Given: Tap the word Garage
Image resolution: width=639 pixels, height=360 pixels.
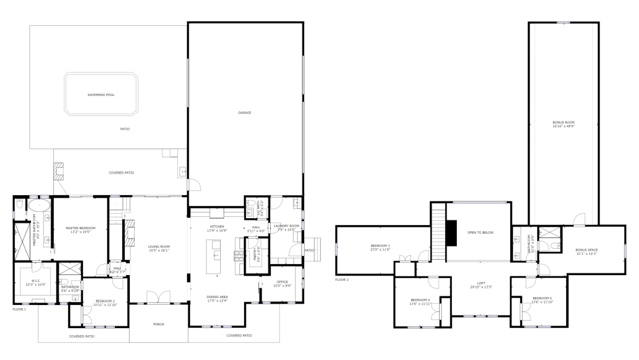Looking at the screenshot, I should click(245, 112).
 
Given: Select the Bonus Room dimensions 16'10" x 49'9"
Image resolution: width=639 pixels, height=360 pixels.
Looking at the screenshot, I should click(563, 126).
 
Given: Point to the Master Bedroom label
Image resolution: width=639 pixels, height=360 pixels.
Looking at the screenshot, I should click(80, 228).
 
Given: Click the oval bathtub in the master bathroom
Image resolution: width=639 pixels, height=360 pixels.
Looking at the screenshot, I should click(38, 206).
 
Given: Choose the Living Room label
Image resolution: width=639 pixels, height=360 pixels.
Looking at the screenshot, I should click(159, 246).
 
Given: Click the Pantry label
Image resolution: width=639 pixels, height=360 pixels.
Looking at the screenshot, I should click(256, 255).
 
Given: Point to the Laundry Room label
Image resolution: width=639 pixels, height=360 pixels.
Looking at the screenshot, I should click(286, 226).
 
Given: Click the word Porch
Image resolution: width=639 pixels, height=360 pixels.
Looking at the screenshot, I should click(158, 324).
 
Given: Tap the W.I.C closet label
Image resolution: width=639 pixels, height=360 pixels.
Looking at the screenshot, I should click(35, 281).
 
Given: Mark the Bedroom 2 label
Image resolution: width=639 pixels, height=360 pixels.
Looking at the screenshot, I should click(105, 301).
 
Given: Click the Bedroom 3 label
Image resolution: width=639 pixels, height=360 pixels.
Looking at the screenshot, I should click(380, 246).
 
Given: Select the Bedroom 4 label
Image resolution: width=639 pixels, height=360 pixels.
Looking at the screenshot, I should click(420, 299).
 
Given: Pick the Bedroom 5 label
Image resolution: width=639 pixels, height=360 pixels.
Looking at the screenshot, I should click(542, 298).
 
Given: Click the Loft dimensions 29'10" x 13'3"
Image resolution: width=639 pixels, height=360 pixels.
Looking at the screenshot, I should click(481, 287).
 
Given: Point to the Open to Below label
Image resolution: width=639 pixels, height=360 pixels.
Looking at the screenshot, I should click(480, 232).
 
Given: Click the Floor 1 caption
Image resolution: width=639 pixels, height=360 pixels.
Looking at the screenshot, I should click(19, 309).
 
